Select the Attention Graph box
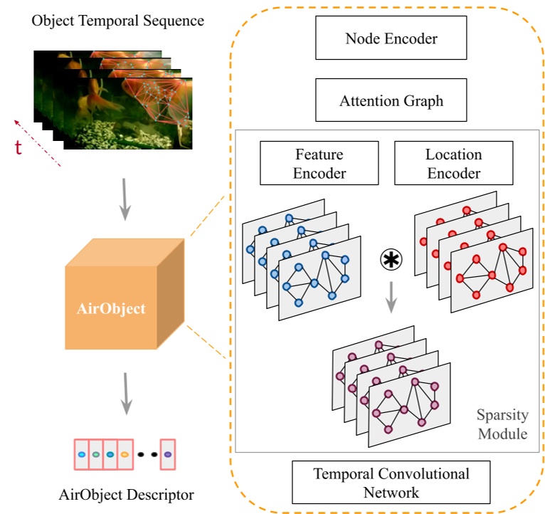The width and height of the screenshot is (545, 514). click(x=391, y=101)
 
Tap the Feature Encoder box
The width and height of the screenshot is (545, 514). click(x=319, y=163)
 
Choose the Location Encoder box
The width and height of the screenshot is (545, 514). click(x=453, y=163)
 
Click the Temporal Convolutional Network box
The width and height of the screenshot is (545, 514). click(x=391, y=482)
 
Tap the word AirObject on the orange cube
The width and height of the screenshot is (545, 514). click(x=111, y=308)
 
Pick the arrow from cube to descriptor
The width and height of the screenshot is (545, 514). click(x=125, y=392)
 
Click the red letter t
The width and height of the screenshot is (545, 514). click(x=20, y=147)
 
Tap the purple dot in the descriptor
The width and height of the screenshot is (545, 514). click(x=167, y=454)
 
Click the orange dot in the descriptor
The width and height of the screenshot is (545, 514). click(x=124, y=454)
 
